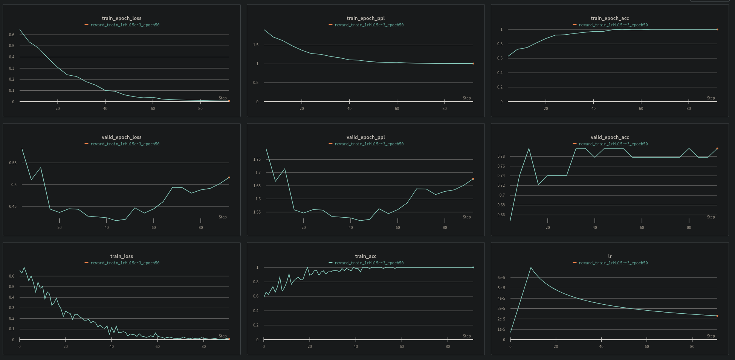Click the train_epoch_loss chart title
(121, 18)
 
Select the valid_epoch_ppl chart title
(365, 137)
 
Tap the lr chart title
(610, 256)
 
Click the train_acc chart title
(365, 256)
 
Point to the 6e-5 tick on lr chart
(501, 278)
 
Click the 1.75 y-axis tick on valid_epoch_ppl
(257, 159)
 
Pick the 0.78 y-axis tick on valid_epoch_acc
(501, 156)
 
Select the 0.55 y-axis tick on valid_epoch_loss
(13, 163)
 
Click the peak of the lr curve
(531, 268)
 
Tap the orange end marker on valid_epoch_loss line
(229, 177)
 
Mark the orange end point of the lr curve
(717, 316)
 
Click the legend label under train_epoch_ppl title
(369, 25)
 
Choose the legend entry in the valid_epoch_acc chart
(613, 144)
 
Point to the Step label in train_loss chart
(223, 336)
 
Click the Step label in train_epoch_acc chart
(711, 98)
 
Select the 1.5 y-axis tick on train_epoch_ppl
(256, 45)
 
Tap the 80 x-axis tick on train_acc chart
(448, 346)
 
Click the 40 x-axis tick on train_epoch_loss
(105, 108)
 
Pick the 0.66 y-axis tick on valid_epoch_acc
(501, 215)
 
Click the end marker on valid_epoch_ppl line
(473, 179)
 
